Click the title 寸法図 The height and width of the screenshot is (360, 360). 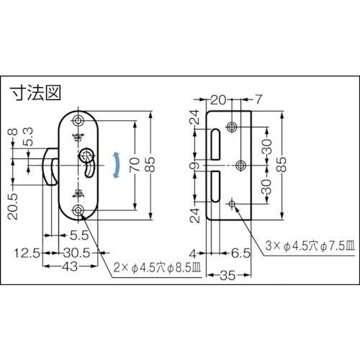(x=33, y=93)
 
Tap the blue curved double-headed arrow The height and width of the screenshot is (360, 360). (x=115, y=165)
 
